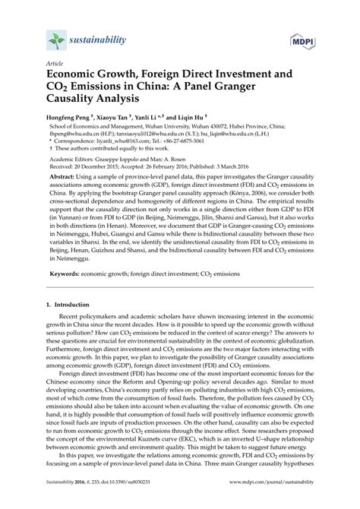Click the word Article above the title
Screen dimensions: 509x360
tap(55, 65)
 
